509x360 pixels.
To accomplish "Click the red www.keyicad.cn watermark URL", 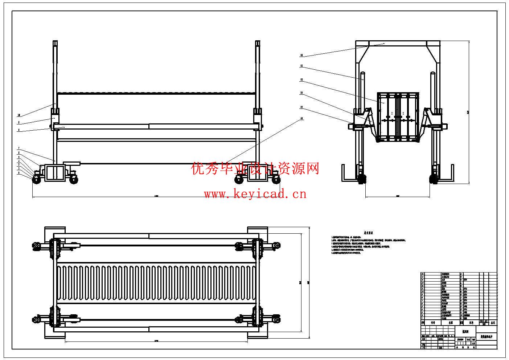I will pyautogui.click(x=255, y=194).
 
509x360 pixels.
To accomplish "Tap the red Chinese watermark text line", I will pyautogui.click(x=255, y=169).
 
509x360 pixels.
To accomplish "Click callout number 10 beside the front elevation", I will pyautogui.click(x=19, y=115).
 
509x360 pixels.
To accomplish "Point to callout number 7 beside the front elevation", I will pyautogui.click(x=19, y=149).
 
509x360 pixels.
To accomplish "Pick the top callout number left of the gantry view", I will pyautogui.click(x=301, y=56).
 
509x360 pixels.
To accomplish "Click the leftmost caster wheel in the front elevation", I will pyautogui.click(x=37, y=179).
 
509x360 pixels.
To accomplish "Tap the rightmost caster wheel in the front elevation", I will pyautogui.click(x=277, y=179).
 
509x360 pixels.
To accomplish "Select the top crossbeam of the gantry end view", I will pyautogui.click(x=398, y=44).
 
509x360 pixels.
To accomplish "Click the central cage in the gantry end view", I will pyautogui.click(x=398, y=116).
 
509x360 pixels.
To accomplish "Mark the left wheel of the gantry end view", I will pyautogui.click(x=362, y=179).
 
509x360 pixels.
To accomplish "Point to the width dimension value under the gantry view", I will pyautogui.click(x=398, y=196).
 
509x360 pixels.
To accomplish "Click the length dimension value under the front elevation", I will pyautogui.click(x=156, y=196).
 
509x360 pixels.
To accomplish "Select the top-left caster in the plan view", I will pyautogui.click(x=36, y=245).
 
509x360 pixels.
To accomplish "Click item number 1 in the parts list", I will pyautogui.click(x=423, y=318).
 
